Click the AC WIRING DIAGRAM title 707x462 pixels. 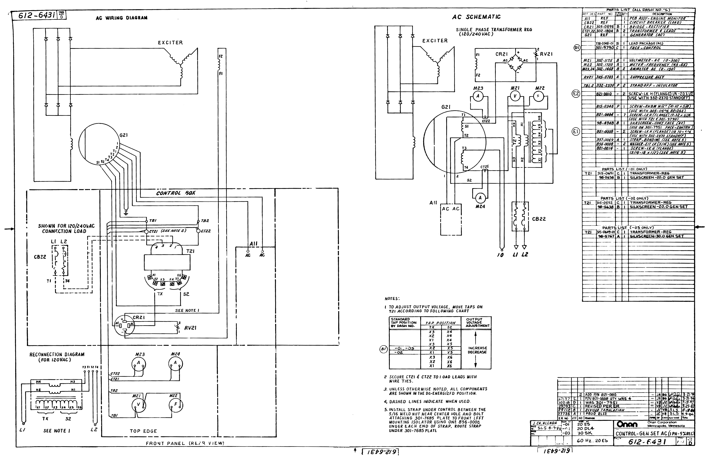click(x=122, y=18)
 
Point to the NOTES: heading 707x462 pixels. click(x=392, y=299)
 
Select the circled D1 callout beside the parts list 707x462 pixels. click(x=577, y=48)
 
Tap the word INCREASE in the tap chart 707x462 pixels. click(x=477, y=348)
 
